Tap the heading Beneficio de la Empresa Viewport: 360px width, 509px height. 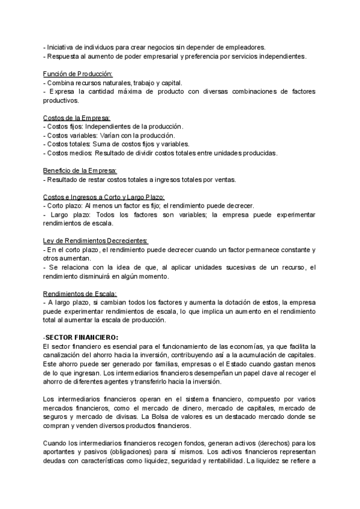point(80,170)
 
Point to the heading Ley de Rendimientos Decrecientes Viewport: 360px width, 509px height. point(95,241)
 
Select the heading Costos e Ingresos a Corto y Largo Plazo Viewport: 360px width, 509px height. point(104,197)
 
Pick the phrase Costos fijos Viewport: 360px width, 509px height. point(65,127)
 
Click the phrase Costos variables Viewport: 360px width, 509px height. point(70,136)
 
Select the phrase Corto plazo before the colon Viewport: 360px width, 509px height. point(65,205)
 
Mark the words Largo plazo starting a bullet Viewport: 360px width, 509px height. point(68,214)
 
